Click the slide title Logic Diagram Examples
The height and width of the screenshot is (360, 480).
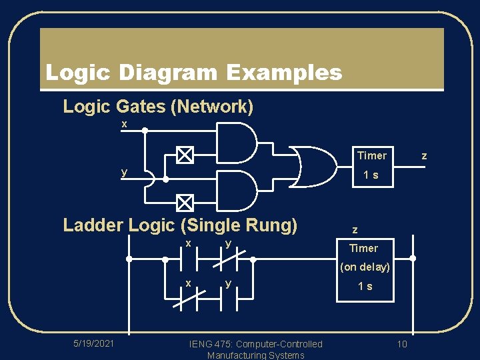pyautogui.click(x=193, y=73)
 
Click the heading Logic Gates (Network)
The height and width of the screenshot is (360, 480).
pyautogui.click(x=158, y=107)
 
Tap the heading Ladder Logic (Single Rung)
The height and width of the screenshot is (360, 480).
pyautogui.click(x=180, y=225)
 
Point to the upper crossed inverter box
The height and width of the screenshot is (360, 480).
pyautogui.click(x=185, y=155)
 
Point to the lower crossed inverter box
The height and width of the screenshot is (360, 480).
pyautogui.click(x=185, y=202)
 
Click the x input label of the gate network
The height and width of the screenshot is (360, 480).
pyautogui.click(x=124, y=125)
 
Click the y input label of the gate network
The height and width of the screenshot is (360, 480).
pyautogui.click(x=124, y=172)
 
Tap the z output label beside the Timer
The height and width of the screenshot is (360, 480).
pyautogui.click(x=424, y=156)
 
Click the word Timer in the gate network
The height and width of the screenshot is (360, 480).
pyautogui.click(x=371, y=156)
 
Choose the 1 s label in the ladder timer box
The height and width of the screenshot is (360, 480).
pyautogui.click(x=365, y=286)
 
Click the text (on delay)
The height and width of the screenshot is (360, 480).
pyautogui.click(x=365, y=267)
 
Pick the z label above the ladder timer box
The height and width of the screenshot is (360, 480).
pyautogui.click(x=355, y=230)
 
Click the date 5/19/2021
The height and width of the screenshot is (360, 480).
pyautogui.click(x=93, y=343)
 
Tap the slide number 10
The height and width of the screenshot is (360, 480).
pyautogui.click(x=402, y=344)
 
